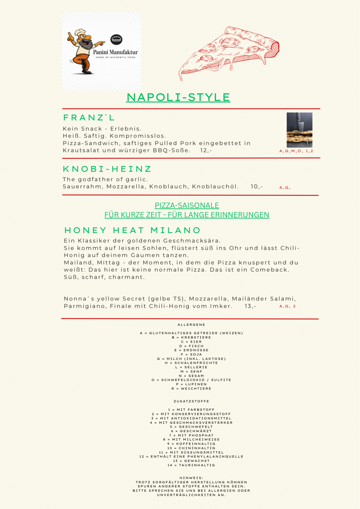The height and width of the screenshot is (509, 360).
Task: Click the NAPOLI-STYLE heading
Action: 178,97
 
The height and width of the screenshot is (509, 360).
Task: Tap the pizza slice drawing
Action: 229,51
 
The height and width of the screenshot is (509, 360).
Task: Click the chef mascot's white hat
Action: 80,33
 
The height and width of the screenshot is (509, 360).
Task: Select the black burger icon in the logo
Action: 116,39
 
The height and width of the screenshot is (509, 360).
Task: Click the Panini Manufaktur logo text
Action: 115,52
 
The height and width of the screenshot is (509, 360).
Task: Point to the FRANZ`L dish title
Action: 89,117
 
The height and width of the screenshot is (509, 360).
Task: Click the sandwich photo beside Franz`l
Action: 300,130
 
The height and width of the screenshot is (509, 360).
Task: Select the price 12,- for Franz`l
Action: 206,151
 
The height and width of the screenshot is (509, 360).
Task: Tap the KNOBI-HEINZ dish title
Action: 107,169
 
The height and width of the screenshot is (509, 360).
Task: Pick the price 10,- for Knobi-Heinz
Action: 257,186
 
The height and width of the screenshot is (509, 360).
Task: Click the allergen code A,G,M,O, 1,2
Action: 296,151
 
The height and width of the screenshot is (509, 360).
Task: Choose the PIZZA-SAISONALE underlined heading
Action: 187,205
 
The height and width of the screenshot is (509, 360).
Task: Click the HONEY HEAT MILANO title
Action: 133,230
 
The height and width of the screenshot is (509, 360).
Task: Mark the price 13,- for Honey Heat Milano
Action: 250,306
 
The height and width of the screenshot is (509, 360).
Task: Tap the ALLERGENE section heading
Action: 191,325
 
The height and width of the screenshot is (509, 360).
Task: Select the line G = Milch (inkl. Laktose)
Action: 191,359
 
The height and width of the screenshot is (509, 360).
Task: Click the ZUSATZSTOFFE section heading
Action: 191,401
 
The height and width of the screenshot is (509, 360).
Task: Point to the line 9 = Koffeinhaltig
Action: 191,444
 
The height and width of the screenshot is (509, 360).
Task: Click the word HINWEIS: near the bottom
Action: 191,478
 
